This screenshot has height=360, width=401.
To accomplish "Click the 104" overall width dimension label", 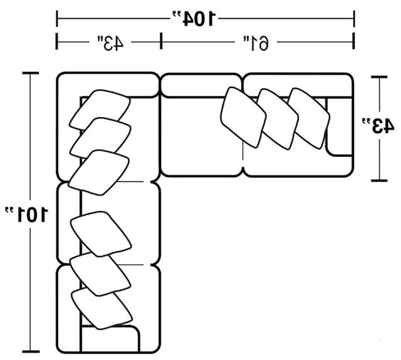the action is pos(194,19).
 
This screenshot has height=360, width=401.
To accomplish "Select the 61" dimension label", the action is pos(256,43).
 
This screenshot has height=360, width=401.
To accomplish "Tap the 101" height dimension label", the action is pos(26,214).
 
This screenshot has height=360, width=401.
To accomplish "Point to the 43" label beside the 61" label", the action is pos(110,43).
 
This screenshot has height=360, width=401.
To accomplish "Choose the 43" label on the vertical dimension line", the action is pos(377,125).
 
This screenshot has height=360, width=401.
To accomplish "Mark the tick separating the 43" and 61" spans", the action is pos(161,41).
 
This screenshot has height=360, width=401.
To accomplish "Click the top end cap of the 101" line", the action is pos(31,73).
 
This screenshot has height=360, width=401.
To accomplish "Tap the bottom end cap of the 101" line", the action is pos(31,352).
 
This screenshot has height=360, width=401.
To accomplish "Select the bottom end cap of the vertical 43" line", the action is pos(379,180).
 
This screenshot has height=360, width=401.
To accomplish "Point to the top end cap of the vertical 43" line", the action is pos(379,76).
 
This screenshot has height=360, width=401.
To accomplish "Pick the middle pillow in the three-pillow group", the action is pos(278,119).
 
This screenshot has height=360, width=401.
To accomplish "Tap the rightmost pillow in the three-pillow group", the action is pos(309,118).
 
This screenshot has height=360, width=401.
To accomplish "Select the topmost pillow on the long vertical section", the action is pos(100,110).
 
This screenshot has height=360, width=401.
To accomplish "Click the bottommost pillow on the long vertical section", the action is pos(102,308).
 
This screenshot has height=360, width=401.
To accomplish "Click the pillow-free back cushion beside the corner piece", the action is pos(201,85).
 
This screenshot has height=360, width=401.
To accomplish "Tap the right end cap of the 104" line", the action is pos(354,19).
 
